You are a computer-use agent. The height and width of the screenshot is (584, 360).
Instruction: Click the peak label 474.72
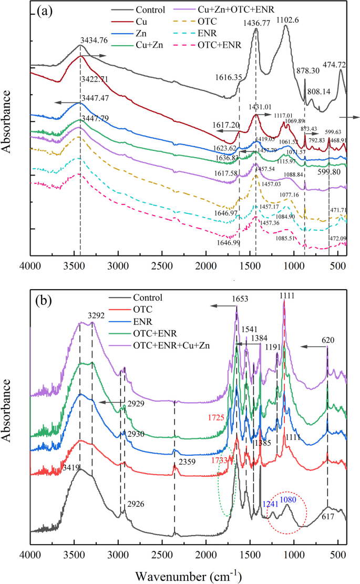pos(334,65)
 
